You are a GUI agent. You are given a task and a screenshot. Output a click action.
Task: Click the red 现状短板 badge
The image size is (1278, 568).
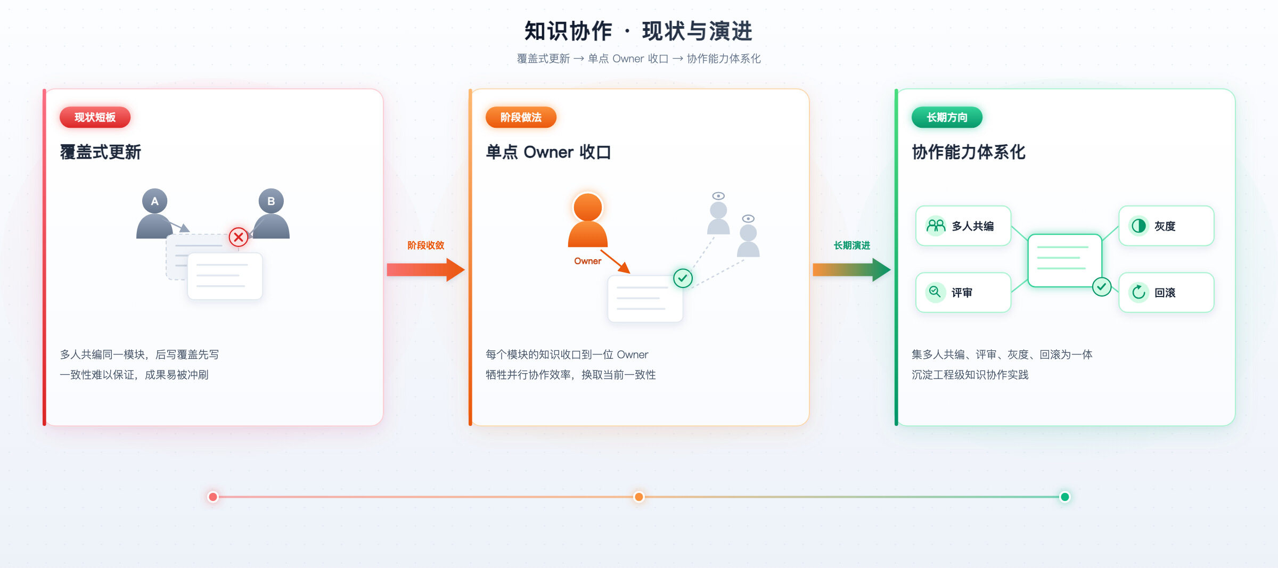95,117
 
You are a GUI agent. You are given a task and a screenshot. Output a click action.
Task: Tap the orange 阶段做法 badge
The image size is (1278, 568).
521,117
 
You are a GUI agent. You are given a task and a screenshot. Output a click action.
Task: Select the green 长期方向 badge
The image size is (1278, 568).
947,117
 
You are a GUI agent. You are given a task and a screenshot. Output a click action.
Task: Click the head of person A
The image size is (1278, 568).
154,201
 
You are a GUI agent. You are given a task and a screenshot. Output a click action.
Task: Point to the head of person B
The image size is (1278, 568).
271,201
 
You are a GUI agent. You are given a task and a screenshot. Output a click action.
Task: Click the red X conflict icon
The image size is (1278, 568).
238,237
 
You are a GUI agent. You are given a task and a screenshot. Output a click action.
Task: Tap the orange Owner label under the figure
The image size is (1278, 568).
587,261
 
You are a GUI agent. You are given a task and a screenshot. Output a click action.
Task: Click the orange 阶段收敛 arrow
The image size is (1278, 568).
425,270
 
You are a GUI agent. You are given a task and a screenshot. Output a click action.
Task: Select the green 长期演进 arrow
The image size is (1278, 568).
851,270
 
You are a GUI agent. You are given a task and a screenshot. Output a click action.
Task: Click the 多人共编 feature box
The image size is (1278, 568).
963,226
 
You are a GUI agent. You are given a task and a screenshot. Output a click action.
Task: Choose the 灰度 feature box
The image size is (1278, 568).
1166,226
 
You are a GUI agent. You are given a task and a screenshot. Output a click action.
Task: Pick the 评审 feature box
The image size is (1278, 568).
963,292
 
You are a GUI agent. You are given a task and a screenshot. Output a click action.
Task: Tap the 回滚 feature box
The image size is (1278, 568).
1166,292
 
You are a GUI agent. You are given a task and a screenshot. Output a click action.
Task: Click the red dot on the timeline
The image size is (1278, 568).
213,497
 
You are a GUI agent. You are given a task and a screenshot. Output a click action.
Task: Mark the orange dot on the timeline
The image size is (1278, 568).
639,497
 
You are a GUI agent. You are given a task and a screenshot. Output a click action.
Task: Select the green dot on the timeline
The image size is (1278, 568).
1065,497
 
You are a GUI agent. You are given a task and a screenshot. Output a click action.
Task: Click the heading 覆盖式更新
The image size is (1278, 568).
101,152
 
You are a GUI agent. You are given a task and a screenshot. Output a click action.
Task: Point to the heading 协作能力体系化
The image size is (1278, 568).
969,152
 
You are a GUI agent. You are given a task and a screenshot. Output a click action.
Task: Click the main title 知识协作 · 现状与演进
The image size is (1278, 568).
638,31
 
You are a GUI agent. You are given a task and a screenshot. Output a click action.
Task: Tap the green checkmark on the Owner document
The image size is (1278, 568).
683,278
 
